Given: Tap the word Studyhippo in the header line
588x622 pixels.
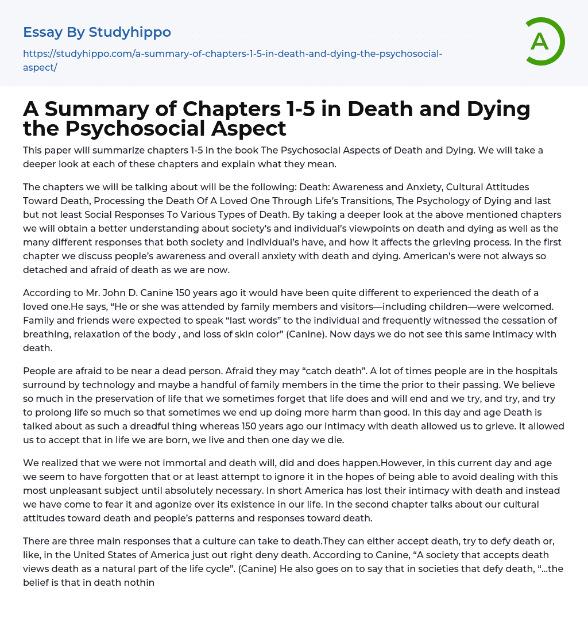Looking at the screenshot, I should click(130, 32).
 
